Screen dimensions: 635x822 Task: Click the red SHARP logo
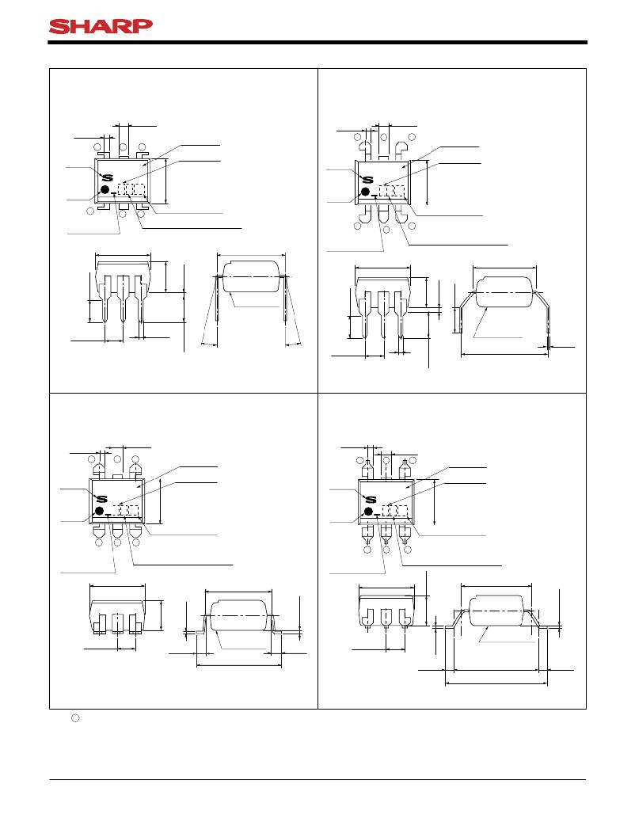point(101,26)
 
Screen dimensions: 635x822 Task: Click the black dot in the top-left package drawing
point(105,189)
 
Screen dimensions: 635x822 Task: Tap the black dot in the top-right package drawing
point(366,192)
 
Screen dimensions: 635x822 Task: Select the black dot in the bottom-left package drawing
point(100,511)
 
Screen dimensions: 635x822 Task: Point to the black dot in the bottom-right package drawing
point(368,511)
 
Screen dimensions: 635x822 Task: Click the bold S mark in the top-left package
point(107,177)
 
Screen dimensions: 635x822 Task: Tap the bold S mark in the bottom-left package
point(101,499)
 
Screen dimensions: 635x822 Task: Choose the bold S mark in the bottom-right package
point(371,499)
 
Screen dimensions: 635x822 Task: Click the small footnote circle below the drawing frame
point(75,718)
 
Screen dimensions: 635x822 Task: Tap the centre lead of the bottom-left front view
point(118,624)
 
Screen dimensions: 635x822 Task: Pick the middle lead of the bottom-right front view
point(386,618)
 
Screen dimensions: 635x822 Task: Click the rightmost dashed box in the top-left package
point(139,189)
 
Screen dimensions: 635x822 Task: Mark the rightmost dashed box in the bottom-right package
point(402,511)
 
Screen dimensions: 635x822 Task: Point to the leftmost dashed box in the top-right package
point(385,192)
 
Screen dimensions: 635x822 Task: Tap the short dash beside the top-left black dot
point(114,194)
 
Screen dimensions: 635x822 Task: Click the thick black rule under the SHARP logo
point(317,43)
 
